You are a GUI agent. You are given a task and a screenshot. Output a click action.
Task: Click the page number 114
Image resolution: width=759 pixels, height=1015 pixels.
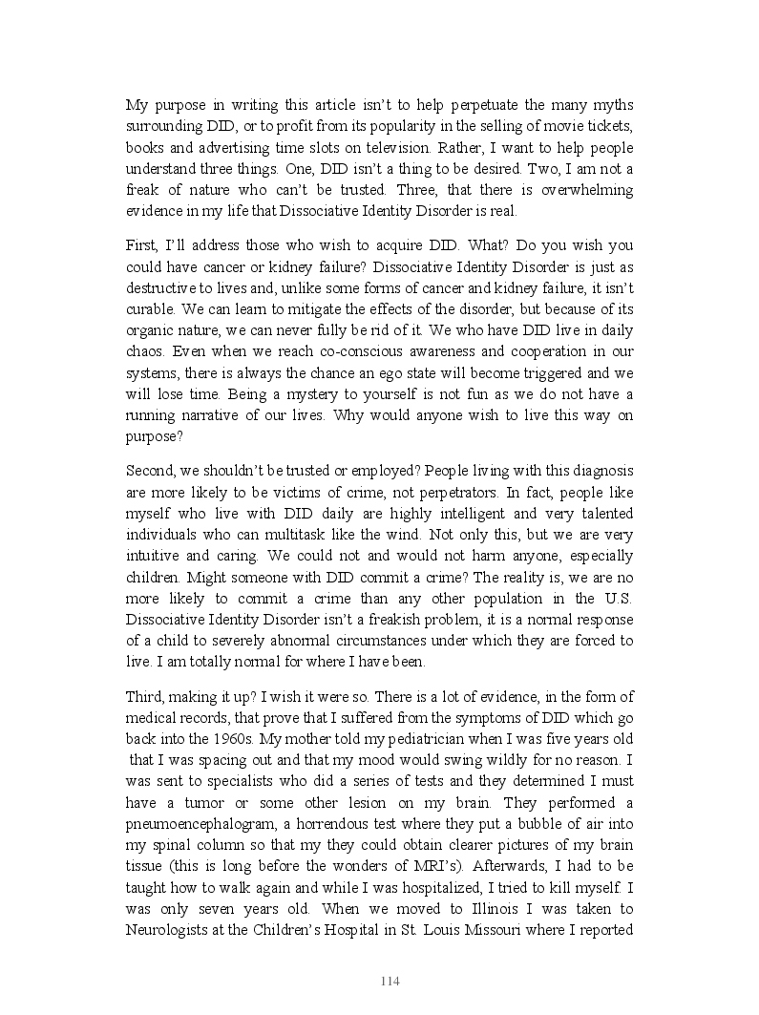(x=389, y=982)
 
